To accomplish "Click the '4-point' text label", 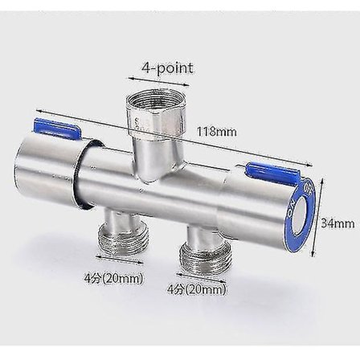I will pyautogui.click(x=167, y=67).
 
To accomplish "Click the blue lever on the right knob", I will pyautogui.click(x=270, y=171).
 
